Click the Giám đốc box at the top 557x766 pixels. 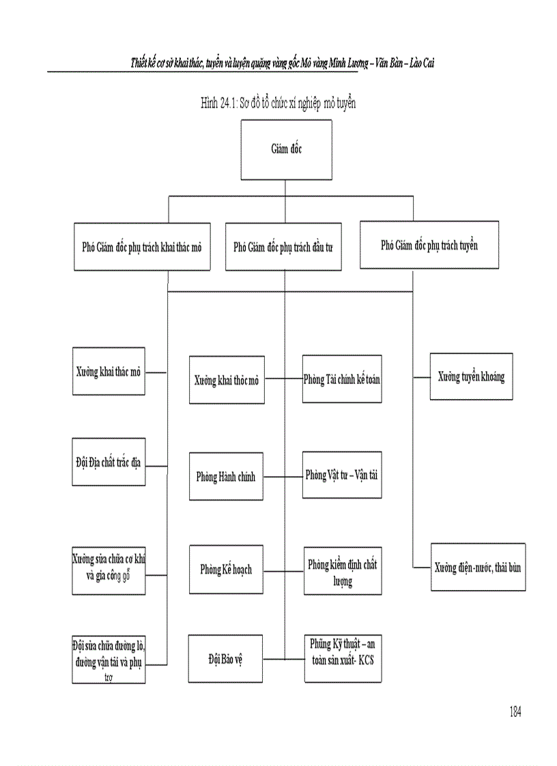pos(286,150)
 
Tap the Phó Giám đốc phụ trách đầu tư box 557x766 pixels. pos(283,247)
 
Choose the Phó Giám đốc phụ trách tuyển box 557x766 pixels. pos(429,244)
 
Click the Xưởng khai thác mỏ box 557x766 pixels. pos(109,372)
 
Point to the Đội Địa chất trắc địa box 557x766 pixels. pos(109,462)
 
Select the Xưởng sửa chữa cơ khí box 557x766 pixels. pos(109,566)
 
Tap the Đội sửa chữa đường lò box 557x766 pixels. pos(109,660)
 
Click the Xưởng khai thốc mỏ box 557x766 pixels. pos(227,381)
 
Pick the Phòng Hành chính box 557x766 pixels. pos(227,477)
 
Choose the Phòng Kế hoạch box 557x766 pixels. pos(227,568)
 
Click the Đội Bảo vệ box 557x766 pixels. pos(227,658)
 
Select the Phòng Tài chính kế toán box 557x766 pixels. pos(342,379)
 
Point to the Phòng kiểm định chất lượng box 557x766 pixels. pos(342,572)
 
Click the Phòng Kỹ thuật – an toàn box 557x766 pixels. pos(342,658)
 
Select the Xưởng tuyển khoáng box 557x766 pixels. pos(471,377)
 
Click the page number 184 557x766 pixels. pos(515,711)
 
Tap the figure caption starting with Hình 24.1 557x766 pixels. pos(278,103)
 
